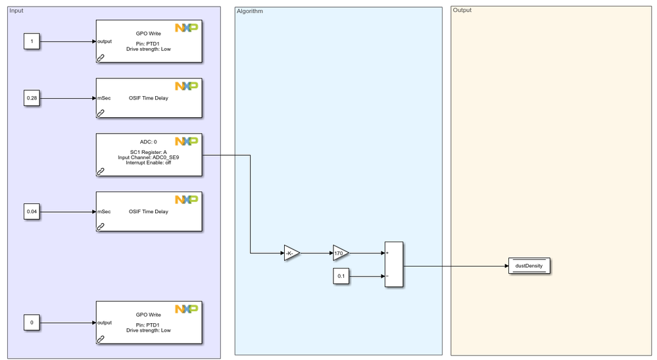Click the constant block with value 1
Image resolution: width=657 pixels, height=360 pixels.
(x=32, y=41)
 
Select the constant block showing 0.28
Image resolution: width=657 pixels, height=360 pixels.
(x=32, y=99)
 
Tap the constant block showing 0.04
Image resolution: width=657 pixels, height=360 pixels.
(x=32, y=212)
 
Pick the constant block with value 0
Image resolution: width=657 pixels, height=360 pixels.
(x=32, y=322)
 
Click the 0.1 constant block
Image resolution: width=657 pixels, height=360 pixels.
(x=341, y=276)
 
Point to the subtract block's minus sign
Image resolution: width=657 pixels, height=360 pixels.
(x=388, y=276)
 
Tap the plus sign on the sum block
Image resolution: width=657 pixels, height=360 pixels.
(x=388, y=253)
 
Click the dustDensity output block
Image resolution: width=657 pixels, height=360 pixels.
(x=529, y=266)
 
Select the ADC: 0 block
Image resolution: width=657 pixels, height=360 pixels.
(x=149, y=155)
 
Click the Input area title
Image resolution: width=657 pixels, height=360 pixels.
(x=16, y=11)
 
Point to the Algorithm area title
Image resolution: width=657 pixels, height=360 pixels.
(x=250, y=11)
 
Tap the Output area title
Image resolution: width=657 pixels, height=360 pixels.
(x=462, y=11)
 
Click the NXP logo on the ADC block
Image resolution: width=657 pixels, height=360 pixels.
(x=186, y=141)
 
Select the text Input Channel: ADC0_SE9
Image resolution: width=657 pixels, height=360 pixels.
(x=149, y=157)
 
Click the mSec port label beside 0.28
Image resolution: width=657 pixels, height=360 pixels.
(x=104, y=99)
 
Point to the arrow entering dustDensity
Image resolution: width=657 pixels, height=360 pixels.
(x=460, y=266)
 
